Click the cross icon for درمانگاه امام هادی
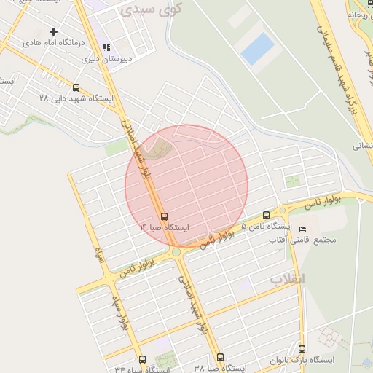coord(53,31)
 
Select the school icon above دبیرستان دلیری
coord(106,47)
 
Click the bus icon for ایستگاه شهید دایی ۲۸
coord(76,87)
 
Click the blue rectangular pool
coord(257,47)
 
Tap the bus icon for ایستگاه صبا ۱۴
coord(163,216)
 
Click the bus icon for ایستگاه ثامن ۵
coord(266,215)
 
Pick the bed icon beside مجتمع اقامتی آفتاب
coord(303,229)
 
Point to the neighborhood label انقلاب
coord(288,279)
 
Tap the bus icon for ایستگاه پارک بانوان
coord(302,348)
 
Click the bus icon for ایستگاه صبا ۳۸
coord(220,357)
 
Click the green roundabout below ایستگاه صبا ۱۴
coord(176,252)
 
